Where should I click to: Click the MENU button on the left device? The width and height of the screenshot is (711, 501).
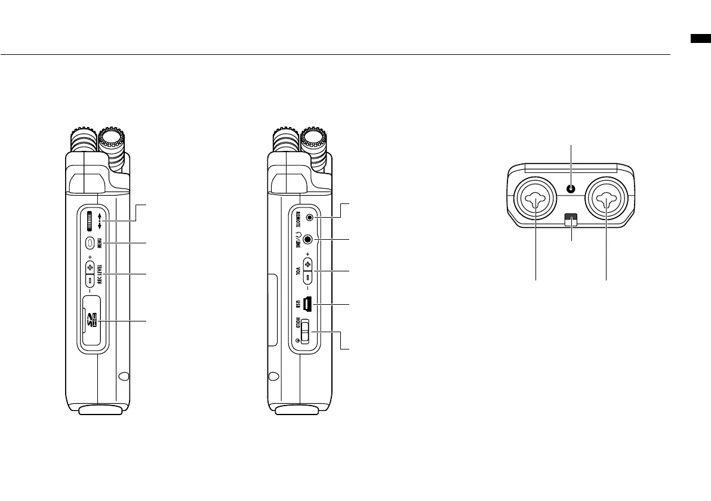point(90,243)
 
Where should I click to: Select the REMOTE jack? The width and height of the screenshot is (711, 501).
point(310,218)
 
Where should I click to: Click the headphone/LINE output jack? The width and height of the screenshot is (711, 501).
point(308,239)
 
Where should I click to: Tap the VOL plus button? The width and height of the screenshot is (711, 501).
point(307,264)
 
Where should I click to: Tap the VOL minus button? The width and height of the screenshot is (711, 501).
point(307,277)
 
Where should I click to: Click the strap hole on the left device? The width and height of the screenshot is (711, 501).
point(124,377)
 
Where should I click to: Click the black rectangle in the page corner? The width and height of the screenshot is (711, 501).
point(701,39)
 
